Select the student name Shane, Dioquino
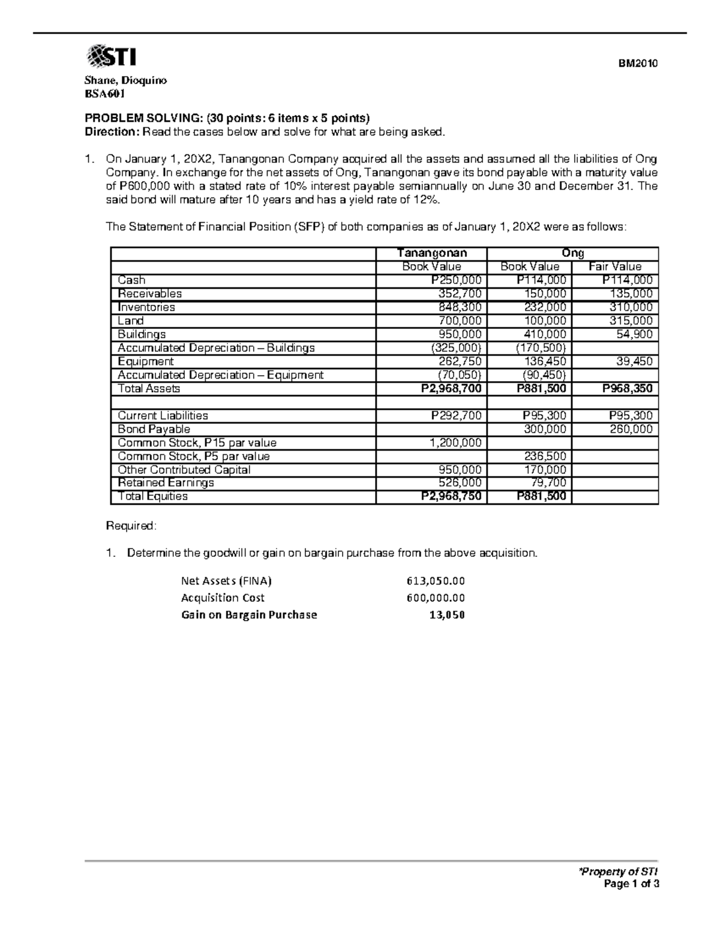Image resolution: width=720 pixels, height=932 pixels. (125, 80)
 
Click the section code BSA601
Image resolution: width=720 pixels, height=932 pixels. (105, 94)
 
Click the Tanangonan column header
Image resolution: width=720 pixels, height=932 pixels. (431, 253)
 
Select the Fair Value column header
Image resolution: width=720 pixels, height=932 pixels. (615, 266)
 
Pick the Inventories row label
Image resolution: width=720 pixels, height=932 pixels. (146, 307)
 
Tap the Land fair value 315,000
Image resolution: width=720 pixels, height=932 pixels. (632, 320)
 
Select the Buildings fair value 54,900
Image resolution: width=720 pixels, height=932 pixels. (634, 334)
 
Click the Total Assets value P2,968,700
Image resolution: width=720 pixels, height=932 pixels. (451, 389)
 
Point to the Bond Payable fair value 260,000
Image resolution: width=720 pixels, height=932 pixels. (632, 429)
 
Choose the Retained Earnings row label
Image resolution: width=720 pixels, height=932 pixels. (166, 483)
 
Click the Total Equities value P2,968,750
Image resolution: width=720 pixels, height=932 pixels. (451, 496)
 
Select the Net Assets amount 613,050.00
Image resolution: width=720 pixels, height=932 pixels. (435, 581)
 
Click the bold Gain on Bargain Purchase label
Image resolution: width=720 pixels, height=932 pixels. (249, 615)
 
